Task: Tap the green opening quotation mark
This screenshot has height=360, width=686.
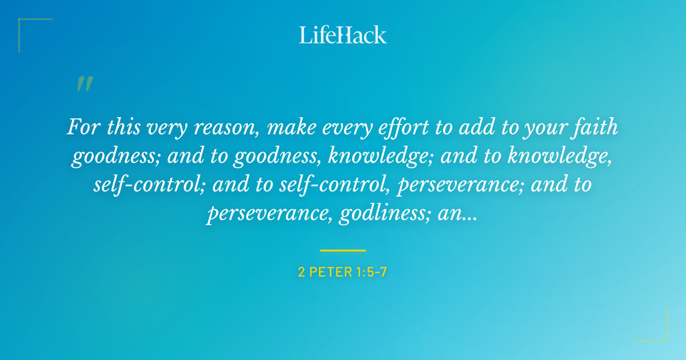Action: tap(84, 85)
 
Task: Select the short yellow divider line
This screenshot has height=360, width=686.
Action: tap(342, 250)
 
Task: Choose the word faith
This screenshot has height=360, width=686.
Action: tap(597, 127)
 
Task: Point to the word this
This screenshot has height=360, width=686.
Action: tap(123, 127)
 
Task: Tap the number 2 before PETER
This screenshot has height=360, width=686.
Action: tap(301, 272)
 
